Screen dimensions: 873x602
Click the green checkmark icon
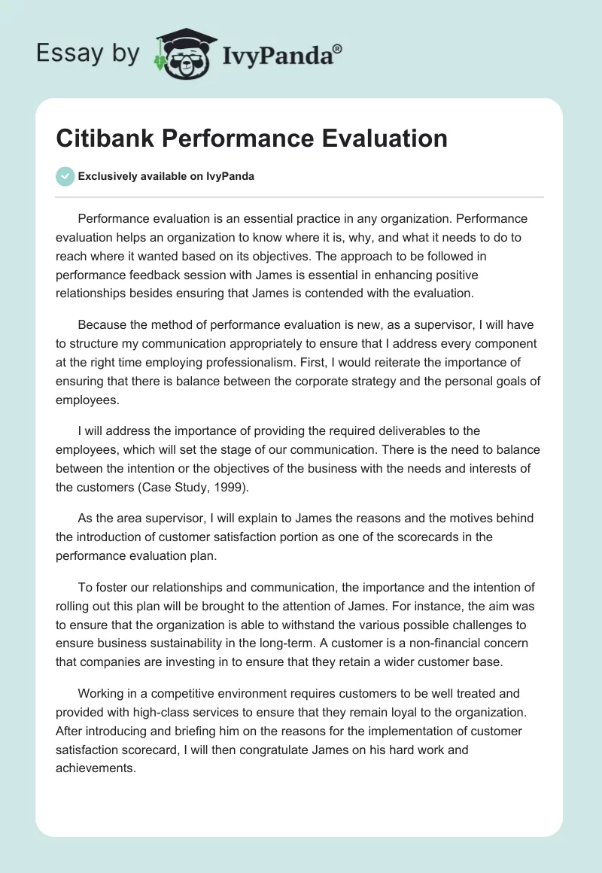coord(65,176)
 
